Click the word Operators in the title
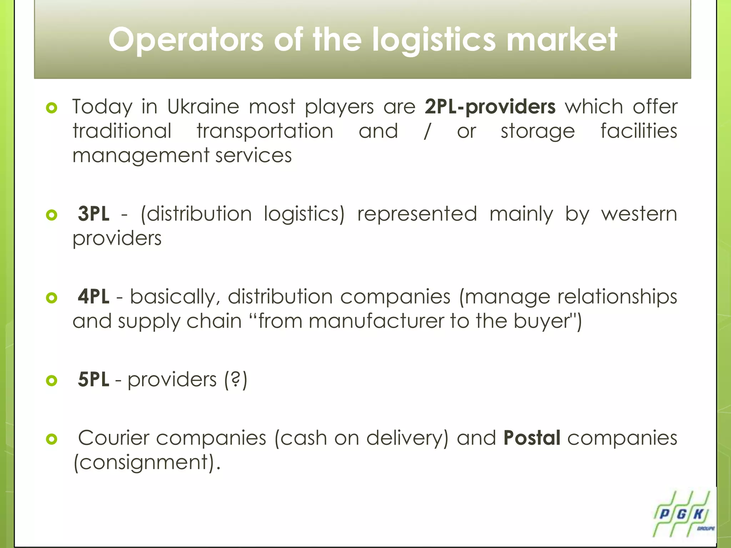[x=186, y=40]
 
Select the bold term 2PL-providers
[x=490, y=107]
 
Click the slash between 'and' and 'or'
[x=427, y=131]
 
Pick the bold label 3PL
[x=94, y=214]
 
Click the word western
[x=639, y=214]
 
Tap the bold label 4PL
[x=94, y=296]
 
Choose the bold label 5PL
[x=94, y=379]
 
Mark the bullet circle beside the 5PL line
[x=52, y=381]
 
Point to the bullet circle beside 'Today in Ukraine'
[x=52, y=108]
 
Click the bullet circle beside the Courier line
[x=52, y=439]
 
